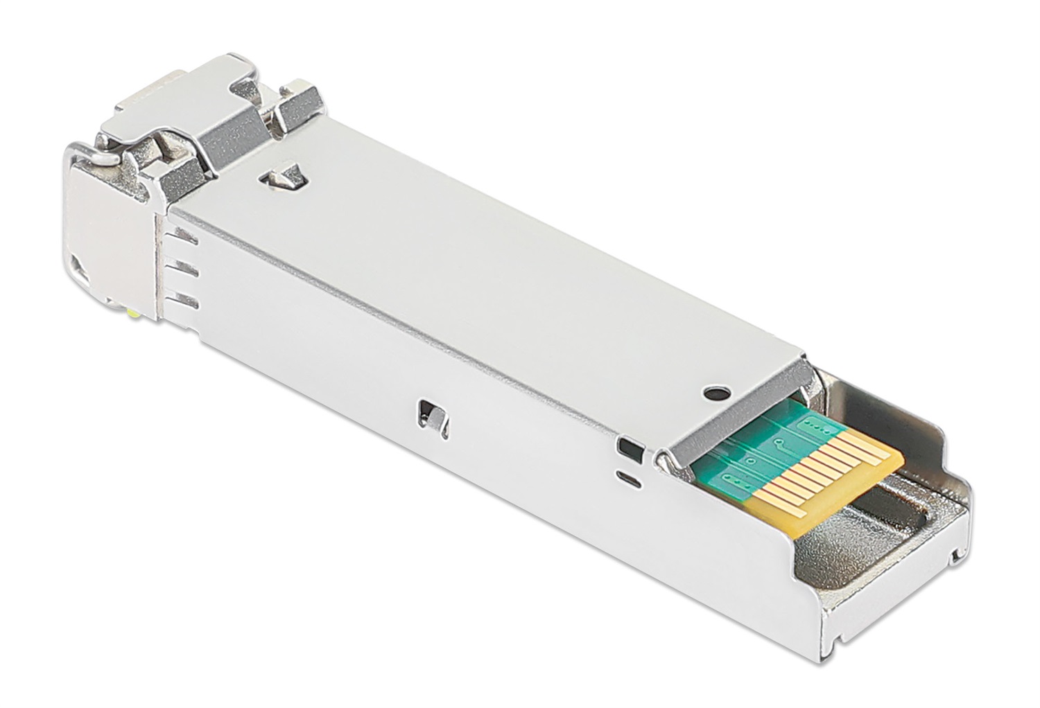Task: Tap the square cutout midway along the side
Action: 430,414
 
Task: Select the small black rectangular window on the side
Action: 627,448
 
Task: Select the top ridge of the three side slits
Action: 182,238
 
